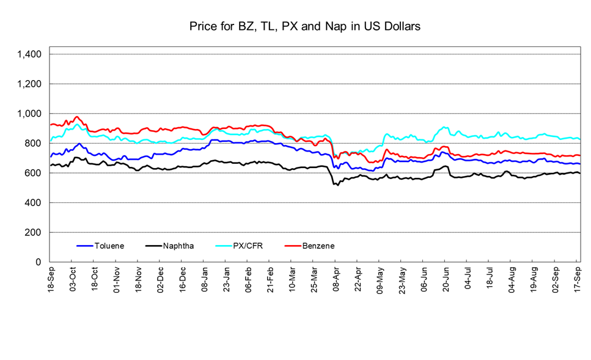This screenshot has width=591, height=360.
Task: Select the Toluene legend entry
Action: [109, 246]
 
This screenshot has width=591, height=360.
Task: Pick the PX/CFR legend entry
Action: [248, 246]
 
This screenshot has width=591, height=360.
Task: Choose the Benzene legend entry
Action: [317, 246]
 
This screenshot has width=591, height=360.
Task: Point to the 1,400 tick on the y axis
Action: [29, 54]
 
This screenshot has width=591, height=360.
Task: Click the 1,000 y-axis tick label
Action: [29, 114]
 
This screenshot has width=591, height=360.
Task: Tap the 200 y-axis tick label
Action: [33, 232]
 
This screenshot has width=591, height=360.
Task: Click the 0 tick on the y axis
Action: [39, 262]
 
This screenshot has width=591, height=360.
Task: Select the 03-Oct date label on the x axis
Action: [73, 280]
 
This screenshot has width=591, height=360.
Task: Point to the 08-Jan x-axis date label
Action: [205, 280]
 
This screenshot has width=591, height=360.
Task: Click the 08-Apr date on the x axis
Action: [336, 280]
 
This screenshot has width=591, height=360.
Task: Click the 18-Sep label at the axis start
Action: [51, 280]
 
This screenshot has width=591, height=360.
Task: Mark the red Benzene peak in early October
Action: [77, 117]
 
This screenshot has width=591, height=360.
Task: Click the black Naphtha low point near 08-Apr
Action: [335, 184]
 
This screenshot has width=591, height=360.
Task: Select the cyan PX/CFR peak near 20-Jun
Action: [444, 127]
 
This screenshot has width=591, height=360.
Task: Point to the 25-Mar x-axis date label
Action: [314, 280]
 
